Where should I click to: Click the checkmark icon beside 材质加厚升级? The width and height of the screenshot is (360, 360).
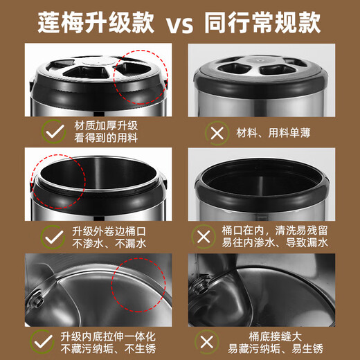51,131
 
